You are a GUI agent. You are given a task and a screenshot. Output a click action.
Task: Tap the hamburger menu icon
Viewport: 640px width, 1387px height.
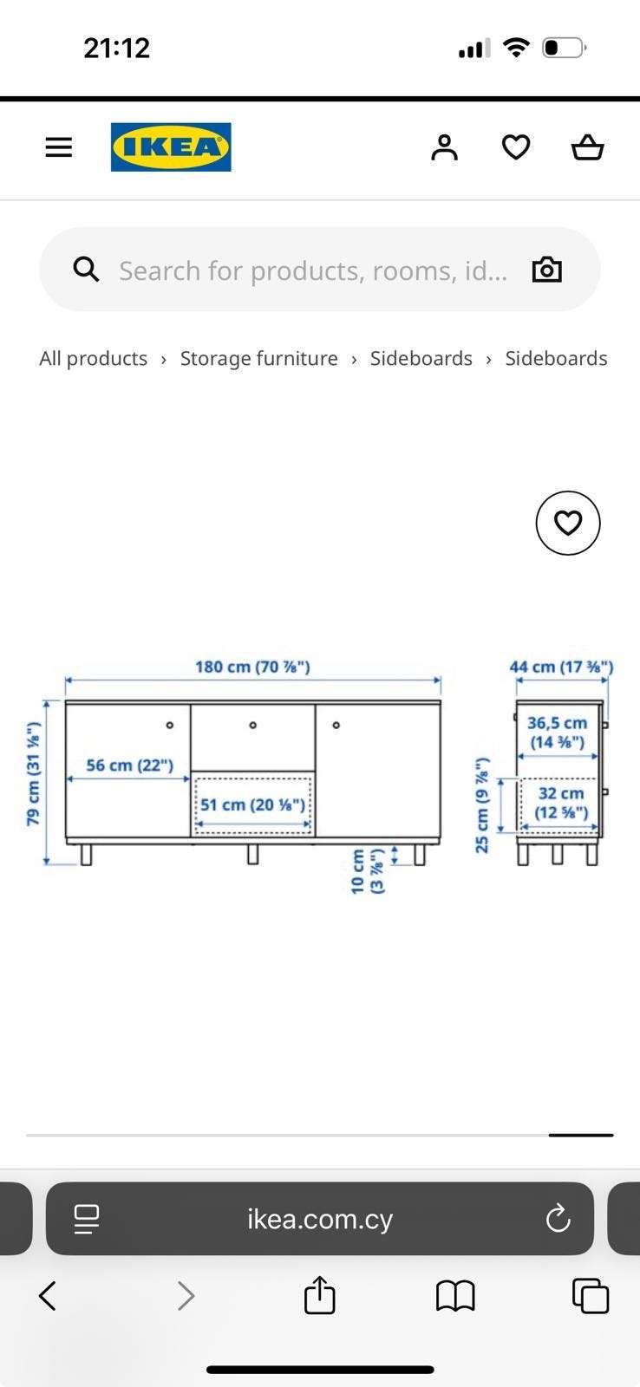[59, 147]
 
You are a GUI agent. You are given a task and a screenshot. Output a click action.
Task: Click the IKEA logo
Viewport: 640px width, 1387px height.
[171, 147]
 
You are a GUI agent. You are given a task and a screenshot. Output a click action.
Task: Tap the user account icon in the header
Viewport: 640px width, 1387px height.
[444, 147]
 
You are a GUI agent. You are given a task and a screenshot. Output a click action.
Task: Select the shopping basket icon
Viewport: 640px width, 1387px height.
[587, 147]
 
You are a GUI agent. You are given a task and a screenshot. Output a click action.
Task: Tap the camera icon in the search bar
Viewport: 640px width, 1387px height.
[547, 270]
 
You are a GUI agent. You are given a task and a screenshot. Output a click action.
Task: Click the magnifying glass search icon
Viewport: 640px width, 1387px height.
[86, 270]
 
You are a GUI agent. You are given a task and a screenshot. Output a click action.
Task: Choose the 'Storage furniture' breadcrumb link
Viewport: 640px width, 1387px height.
[259, 359]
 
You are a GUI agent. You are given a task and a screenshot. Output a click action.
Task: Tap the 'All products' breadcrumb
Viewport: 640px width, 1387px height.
[94, 359]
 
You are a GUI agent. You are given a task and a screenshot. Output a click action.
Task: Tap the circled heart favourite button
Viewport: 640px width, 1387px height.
[568, 523]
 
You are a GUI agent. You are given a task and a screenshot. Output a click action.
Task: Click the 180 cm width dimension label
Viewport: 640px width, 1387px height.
[252, 667]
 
